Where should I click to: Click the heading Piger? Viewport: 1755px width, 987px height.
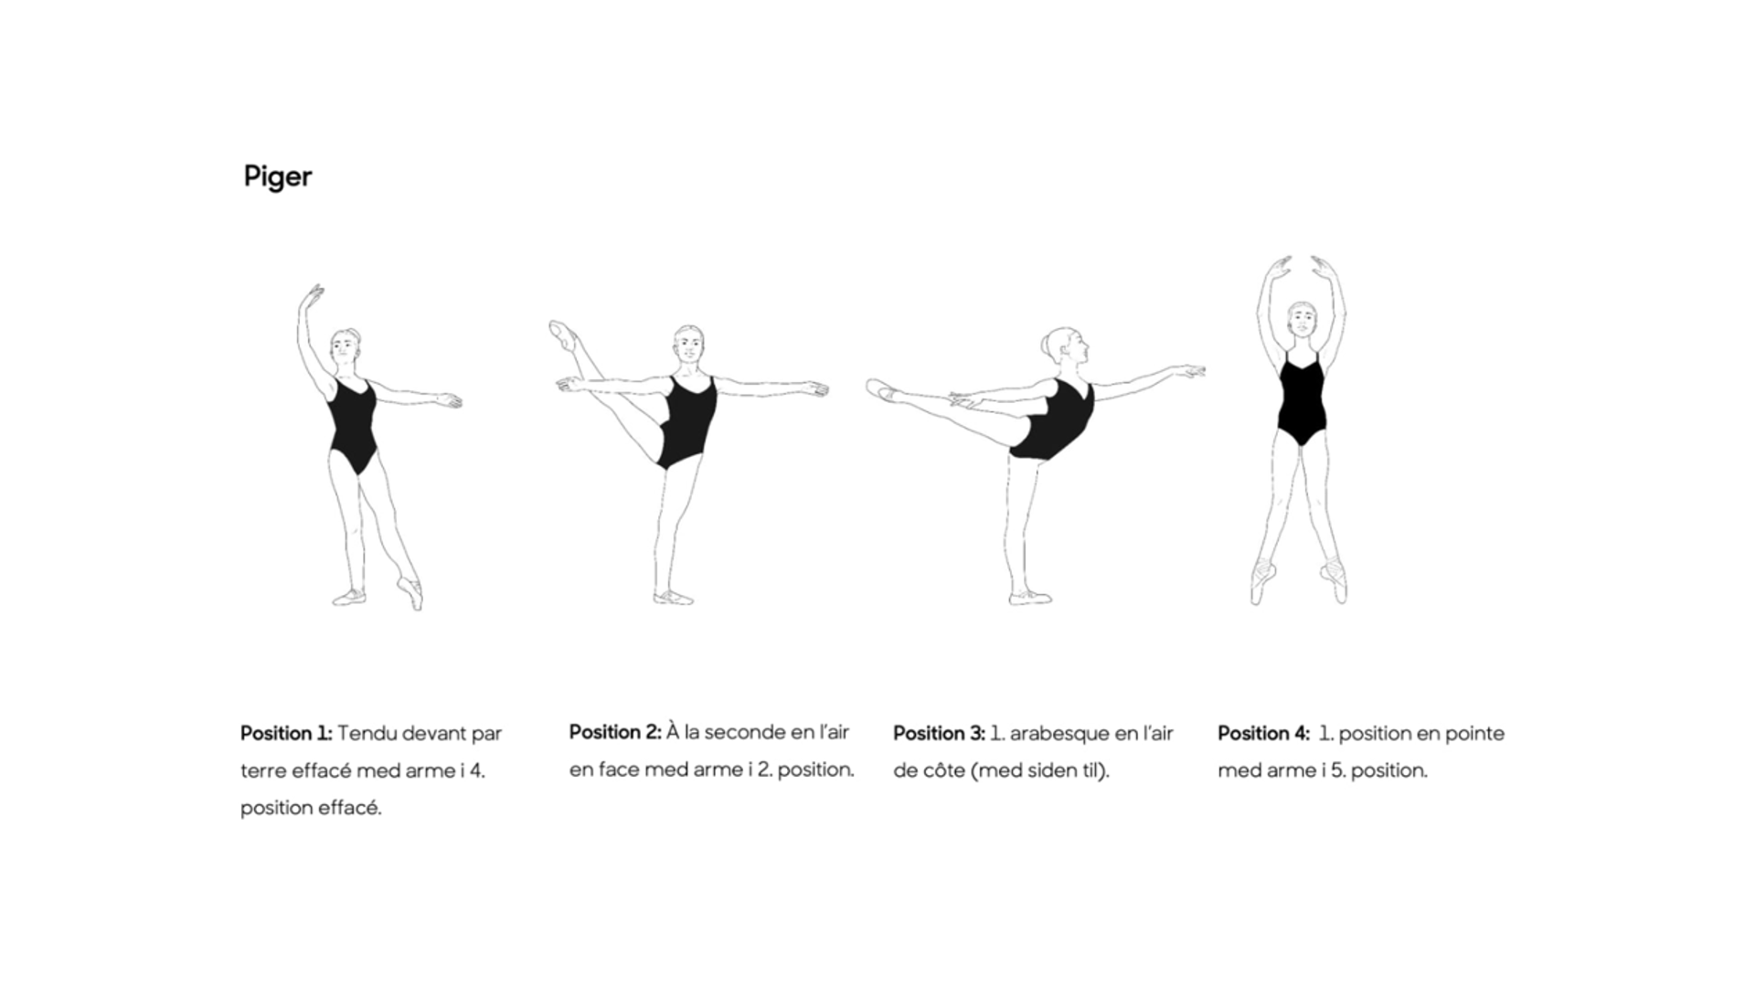point(278,176)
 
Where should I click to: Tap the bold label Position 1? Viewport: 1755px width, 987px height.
point(286,734)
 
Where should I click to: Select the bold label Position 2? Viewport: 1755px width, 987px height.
point(615,732)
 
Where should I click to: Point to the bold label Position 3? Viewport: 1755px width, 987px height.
point(939,734)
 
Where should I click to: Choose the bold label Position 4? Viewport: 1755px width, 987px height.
point(1263,734)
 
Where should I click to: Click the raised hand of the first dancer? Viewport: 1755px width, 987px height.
point(312,298)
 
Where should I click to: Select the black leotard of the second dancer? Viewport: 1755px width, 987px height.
point(686,421)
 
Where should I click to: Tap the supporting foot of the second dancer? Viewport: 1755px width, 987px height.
point(674,598)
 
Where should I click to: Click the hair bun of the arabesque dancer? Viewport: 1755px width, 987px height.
point(1047,345)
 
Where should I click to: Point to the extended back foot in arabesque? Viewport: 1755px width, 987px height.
point(883,391)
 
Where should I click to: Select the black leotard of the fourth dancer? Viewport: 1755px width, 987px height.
point(1301,398)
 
